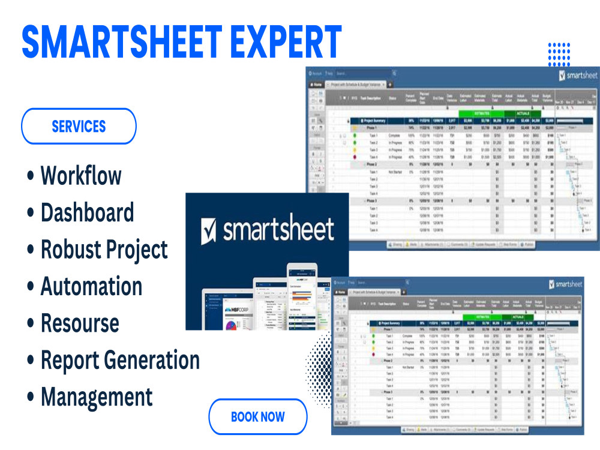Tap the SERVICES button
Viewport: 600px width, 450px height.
pos(79,126)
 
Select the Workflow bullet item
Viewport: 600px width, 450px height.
pos(80,176)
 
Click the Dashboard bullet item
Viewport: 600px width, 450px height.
pos(87,213)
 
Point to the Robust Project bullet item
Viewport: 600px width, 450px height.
pos(104,250)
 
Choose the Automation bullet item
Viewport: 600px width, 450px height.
pos(91,286)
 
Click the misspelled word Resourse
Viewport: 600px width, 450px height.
pos(80,323)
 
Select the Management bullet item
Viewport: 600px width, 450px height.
pos(97,397)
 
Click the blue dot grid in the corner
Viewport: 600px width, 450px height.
pos(559,54)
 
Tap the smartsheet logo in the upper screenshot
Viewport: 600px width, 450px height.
pos(577,76)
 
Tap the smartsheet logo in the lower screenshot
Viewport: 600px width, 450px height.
pos(566,284)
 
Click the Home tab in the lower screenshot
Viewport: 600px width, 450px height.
pos(340,292)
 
